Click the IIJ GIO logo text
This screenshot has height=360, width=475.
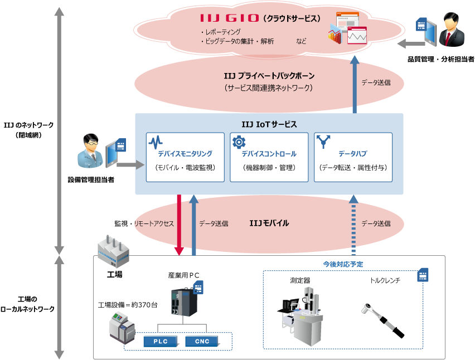229,18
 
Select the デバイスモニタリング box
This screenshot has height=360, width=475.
185,157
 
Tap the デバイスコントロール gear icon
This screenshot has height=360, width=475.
239,142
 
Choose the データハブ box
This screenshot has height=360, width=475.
353,157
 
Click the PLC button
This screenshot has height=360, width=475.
160,341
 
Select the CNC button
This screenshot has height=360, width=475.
202,341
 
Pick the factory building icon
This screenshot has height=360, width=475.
113,252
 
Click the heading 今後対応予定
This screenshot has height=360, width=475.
343,264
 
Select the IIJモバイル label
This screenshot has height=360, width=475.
269,223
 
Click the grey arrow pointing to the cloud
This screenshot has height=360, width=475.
414,43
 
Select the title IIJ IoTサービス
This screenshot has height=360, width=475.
269,124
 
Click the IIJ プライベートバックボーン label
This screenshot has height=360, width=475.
269,76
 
